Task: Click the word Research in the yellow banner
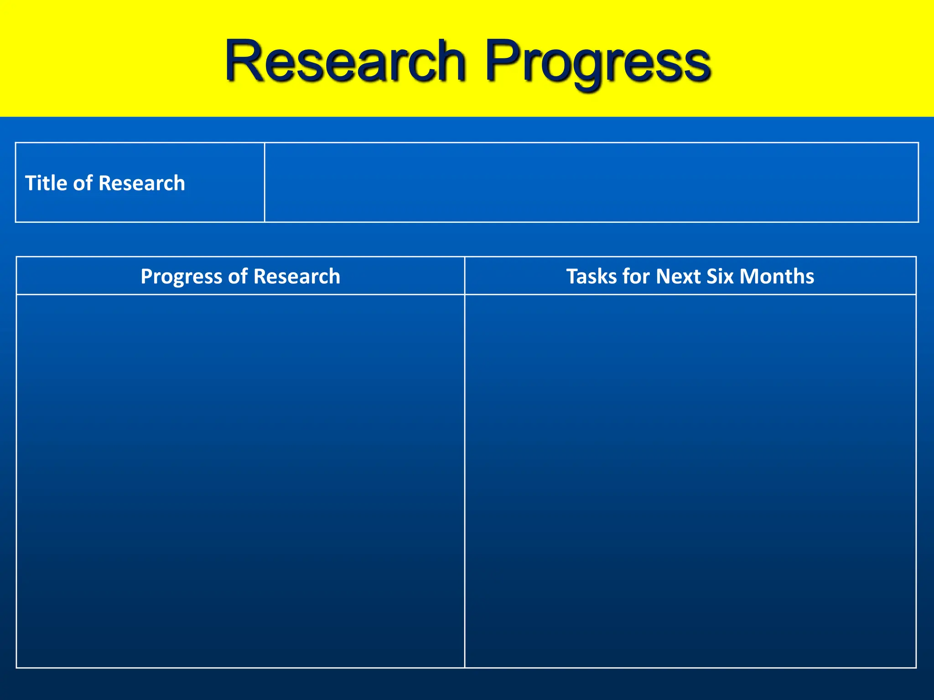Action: (x=345, y=62)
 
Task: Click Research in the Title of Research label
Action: (x=141, y=183)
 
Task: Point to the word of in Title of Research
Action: (x=83, y=183)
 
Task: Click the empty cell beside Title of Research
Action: (x=591, y=182)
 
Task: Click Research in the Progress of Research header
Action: (x=296, y=276)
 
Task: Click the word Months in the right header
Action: (x=777, y=276)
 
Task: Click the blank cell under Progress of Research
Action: (x=240, y=481)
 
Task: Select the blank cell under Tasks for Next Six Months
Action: (x=690, y=481)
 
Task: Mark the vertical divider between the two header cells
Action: (x=465, y=276)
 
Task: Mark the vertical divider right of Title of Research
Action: (x=265, y=182)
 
